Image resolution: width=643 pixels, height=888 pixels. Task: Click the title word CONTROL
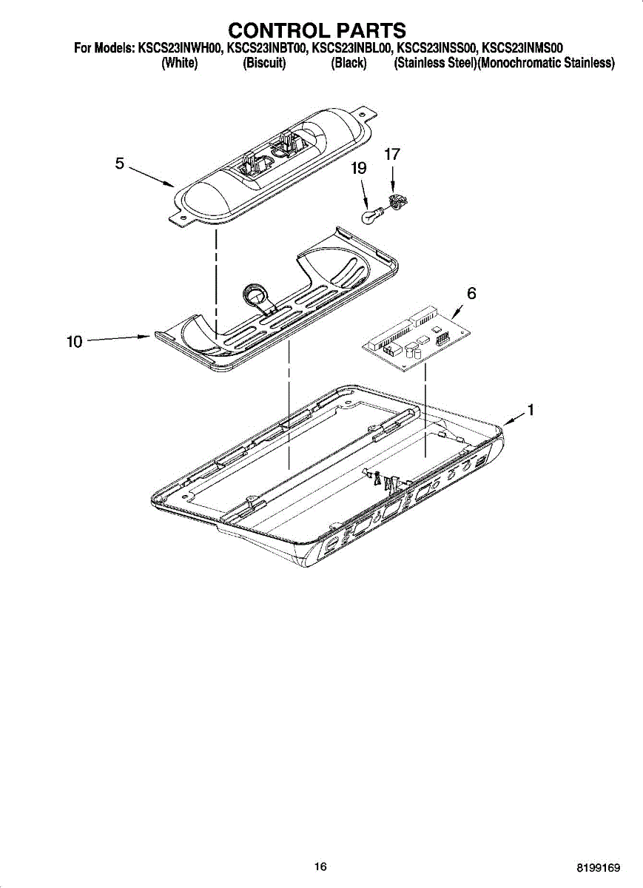coord(275,30)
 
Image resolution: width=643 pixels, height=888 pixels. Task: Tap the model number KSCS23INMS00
coord(522,48)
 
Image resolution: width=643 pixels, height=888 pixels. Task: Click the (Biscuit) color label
coord(264,64)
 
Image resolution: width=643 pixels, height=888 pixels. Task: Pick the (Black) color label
coord(349,64)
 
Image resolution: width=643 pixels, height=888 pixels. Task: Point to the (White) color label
coord(179,64)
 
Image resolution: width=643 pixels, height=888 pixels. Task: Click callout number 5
coord(120,164)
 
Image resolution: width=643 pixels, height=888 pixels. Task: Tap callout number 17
coord(392,155)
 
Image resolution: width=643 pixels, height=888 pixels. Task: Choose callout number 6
coord(471,293)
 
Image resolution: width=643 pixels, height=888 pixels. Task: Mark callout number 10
coord(75,342)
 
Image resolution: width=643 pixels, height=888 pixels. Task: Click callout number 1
coord(530,409)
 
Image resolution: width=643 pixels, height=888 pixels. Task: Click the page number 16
coord(320,867)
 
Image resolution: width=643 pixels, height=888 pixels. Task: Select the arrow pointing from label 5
coord(152,176)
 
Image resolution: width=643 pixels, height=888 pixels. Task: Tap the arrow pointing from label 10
coord(118,339)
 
